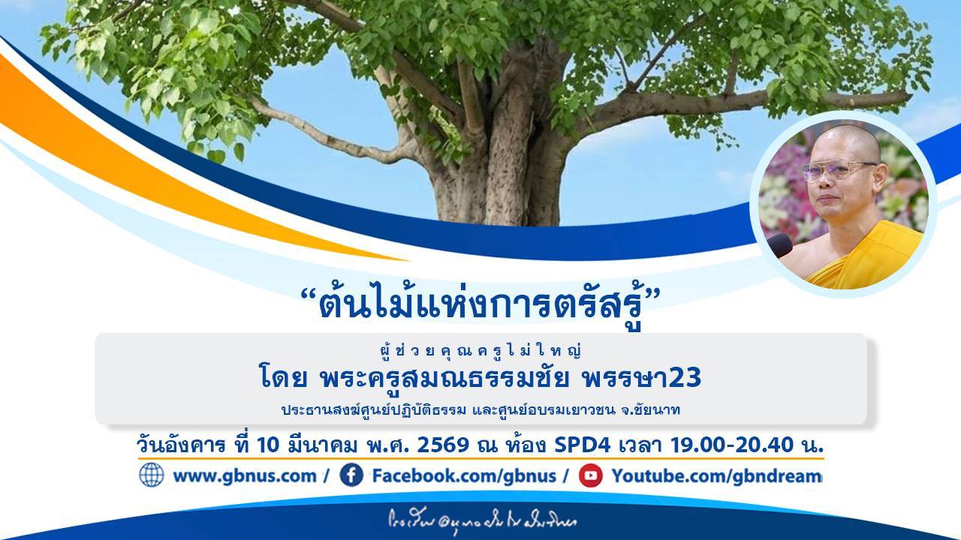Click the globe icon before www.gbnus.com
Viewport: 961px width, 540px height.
pyautogui.click(x=151, y=475)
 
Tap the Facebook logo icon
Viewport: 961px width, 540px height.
pyautogui.click(x=351, y=475)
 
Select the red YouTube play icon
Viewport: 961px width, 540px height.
pyautogui.click(x=590, y=475)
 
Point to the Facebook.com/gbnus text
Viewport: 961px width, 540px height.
pyautogui.click(x=464, y=476)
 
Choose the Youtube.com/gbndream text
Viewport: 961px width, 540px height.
pyautogui.click(x=716, y=476)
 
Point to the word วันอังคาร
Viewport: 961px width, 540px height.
pyautogui.click(x=181, y=445)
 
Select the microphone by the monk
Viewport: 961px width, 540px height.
pyautogui.click(x=779, y=244)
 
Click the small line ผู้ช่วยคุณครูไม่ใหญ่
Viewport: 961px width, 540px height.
pyautogui.click(x=481, y=350)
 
